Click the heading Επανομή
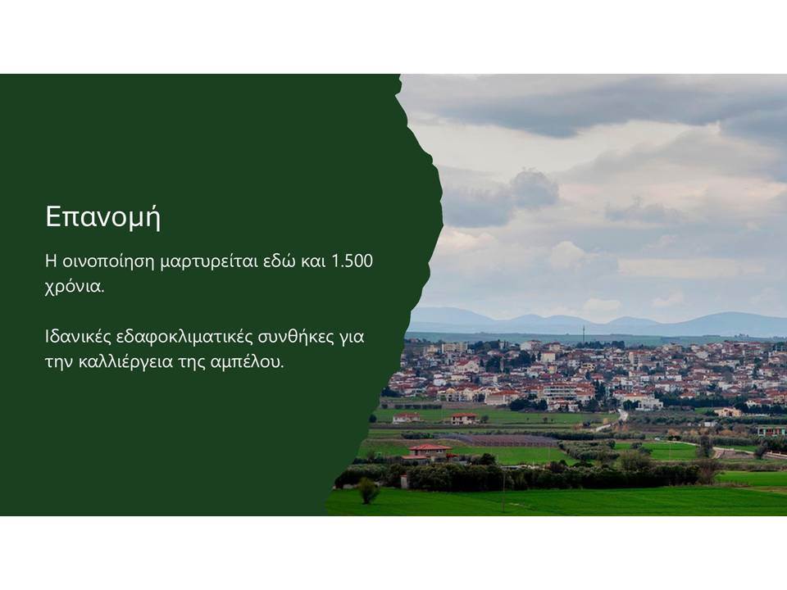tap(103, 216)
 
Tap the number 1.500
tap(353, 261)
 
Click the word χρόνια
tap(75, 288)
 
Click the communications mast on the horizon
tap(583, 334)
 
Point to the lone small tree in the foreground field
tap(368, 491)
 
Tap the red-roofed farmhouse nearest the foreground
tap(429, 452)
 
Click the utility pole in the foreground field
tap(503, 490)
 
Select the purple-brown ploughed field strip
tap(497, 440)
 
